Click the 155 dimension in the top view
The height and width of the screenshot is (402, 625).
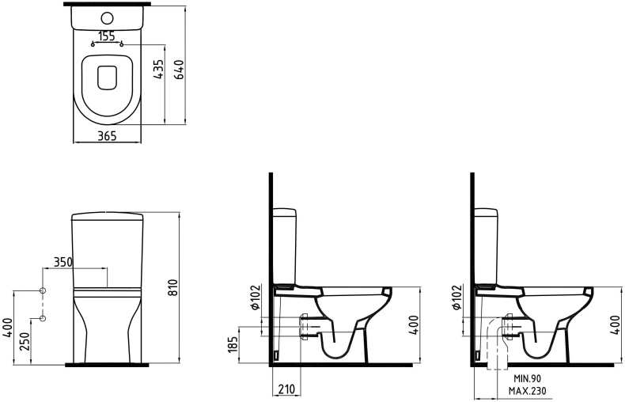107,36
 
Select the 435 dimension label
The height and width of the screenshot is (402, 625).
159,70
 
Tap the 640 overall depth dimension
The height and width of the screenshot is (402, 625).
180,70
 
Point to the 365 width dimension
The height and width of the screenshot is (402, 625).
108,136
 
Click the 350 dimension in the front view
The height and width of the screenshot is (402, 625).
63,262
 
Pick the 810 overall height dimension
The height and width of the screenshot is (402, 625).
173,287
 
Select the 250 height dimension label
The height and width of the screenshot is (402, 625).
25,341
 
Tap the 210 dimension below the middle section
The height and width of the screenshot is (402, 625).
286,389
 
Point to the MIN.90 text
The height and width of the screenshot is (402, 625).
528,378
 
